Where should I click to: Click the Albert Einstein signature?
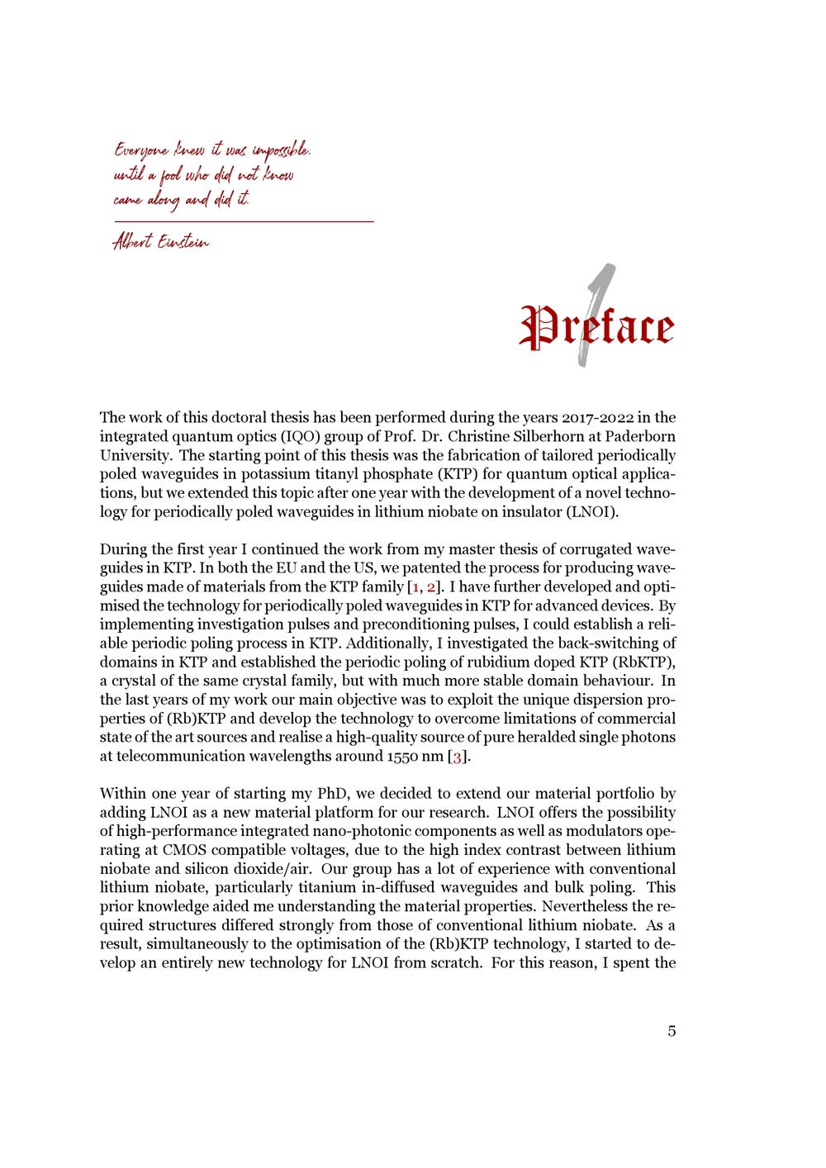161,242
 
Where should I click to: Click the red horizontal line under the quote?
244,221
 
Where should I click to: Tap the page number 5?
672,1031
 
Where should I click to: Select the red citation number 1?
414,586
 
